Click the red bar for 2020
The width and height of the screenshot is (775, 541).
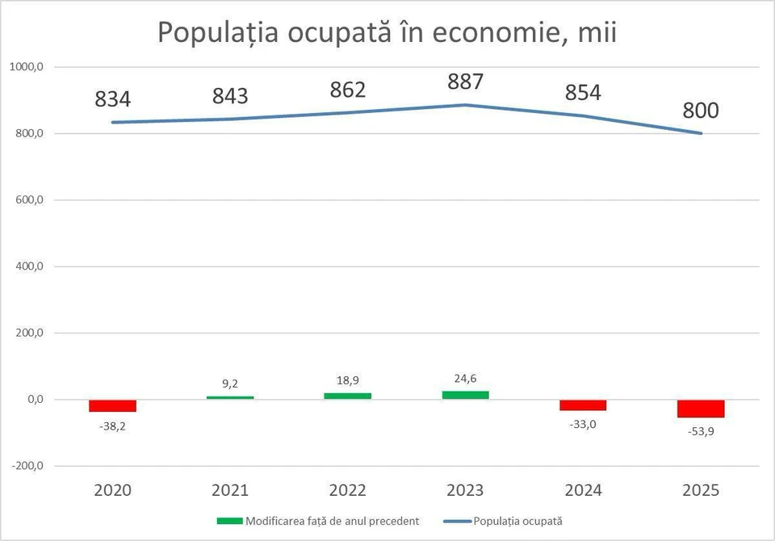[x=112, y=405]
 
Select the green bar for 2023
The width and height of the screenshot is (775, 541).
[x=465, y=395]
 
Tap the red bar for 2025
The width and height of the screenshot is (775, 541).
[x=701, y=409]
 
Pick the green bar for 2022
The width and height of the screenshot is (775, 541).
[x=348, y=396]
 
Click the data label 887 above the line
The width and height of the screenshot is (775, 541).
[x=466, y=82]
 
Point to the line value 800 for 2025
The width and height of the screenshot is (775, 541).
[x=701, y=111]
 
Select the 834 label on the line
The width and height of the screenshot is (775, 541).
[x=113, y=99]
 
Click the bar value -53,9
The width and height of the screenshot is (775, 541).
[x=701, y=431]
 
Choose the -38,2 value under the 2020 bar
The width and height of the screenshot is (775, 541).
[x=112, y=426]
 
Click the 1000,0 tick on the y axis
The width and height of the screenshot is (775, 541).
[x=27, y=68]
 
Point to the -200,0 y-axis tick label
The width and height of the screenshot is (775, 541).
[x=27, y=466]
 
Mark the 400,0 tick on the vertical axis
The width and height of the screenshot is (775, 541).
[x=28, y=266]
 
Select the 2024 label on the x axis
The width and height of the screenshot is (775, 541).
[x=583, y=490]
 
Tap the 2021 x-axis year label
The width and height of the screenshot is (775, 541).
[x=230, y=490]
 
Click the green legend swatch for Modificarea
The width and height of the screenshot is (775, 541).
[x=229, y=521]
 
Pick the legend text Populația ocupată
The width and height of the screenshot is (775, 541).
[x=518, y=521]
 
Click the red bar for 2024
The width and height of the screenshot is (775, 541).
[x=583, y=405]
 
